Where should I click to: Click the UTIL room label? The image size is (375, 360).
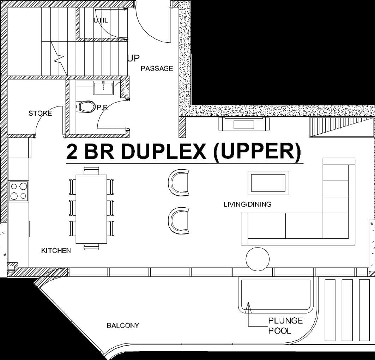pos(101,20)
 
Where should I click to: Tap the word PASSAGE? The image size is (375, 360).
pos(157,68)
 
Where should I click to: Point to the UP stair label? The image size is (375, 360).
pos(133,58)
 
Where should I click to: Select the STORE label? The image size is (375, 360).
pos(40,113)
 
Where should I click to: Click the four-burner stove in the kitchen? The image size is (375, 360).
pos(18,191)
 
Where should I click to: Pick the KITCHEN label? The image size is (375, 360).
pos(56,251)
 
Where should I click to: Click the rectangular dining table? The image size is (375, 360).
pos(91,209)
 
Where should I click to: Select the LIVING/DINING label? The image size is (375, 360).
pos(247,204)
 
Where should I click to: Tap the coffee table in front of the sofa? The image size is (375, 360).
pos(268,183)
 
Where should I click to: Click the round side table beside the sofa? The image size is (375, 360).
pos(258,259)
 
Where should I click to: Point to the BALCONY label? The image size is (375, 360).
pos(123,325)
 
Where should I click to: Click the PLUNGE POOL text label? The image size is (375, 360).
pos(285,325)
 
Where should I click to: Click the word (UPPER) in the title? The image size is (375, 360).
pos(258,152)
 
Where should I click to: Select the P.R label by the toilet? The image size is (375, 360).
pos(102,108)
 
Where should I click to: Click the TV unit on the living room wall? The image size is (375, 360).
pos(243,124)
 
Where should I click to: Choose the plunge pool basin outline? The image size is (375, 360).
pos(276,295)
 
